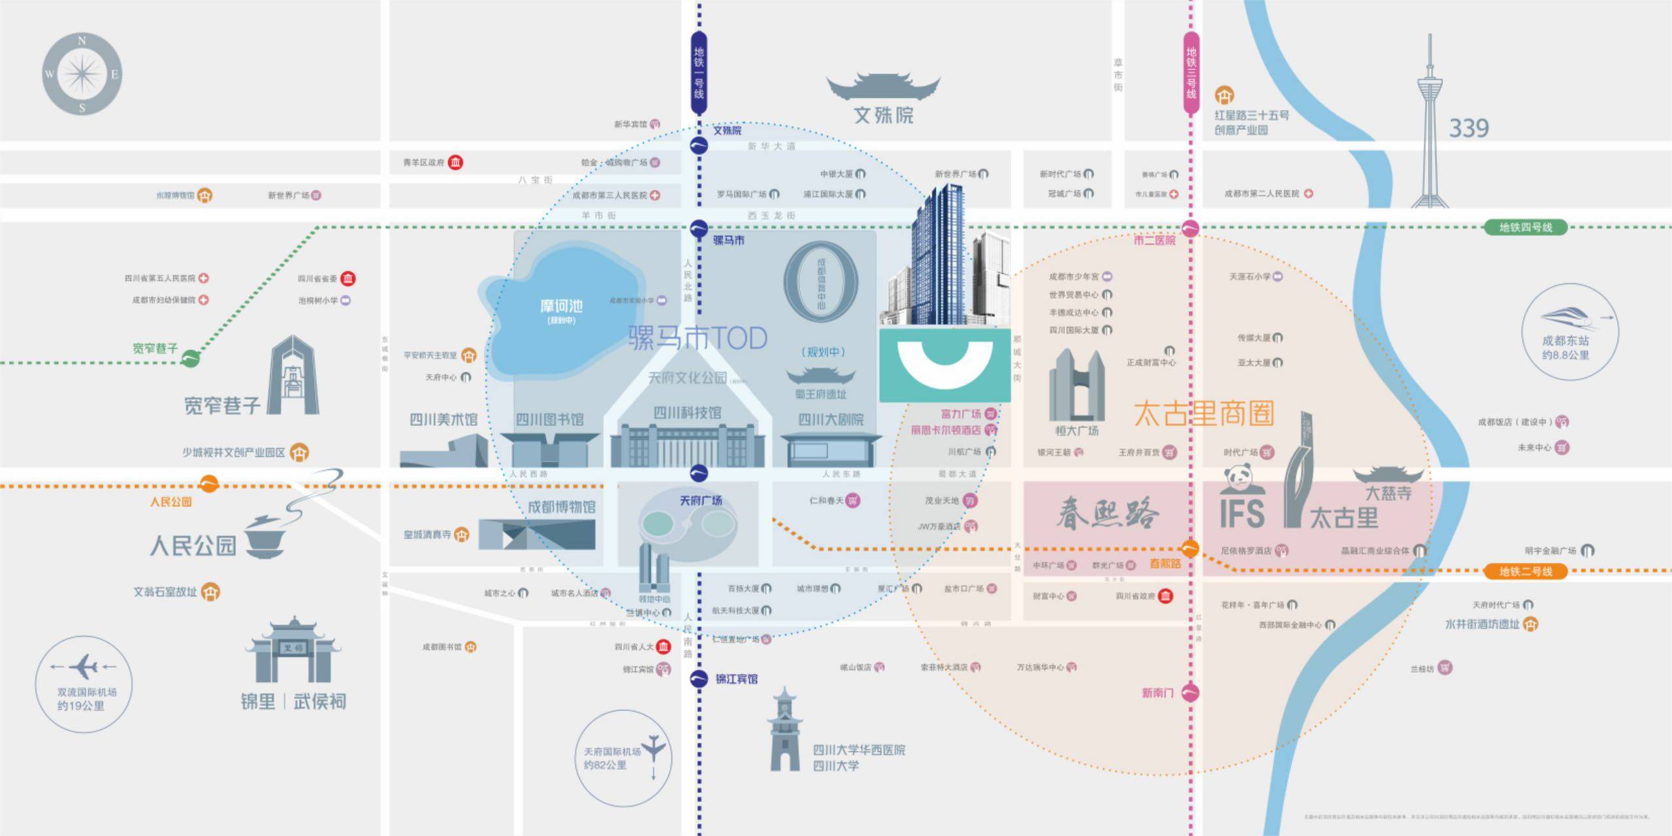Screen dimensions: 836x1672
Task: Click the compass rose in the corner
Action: pos(82,74)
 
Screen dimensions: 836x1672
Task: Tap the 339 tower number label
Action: pos(1469,128)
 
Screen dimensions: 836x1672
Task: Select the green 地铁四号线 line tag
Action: pos(1525,227)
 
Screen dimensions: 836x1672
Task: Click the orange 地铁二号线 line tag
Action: pos(1525,571)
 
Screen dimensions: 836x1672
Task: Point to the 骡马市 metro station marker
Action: pos(699,229)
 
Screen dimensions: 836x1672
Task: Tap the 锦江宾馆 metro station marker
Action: pos(699,679)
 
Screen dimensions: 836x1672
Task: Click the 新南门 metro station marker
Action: pos(1190,692)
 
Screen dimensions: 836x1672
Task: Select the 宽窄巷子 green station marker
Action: pos(190,358)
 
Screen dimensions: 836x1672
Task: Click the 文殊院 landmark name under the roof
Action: pos(884,116)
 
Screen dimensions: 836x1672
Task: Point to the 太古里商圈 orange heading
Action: pos(1204,413)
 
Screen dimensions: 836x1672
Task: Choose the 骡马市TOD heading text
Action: pos(698,338)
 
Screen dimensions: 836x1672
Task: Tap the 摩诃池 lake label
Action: pos(561,306)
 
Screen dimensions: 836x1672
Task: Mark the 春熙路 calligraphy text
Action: pos(1108,513)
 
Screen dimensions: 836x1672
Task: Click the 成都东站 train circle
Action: pos(1569,332)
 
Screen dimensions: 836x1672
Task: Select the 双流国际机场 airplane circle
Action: pos(84,684)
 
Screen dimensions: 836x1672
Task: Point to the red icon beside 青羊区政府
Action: pos(456,162)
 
